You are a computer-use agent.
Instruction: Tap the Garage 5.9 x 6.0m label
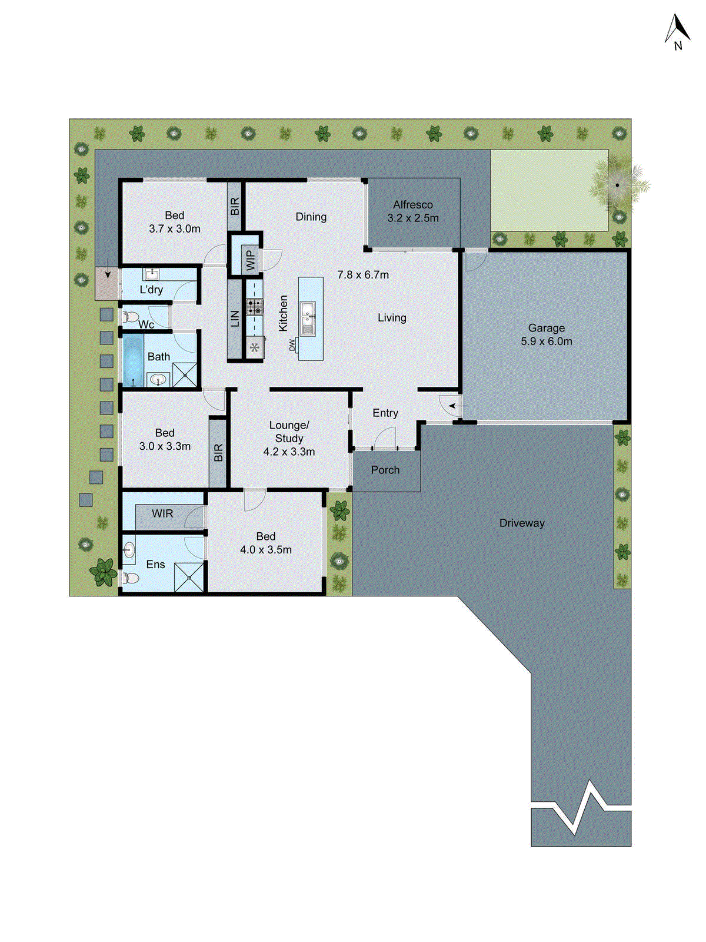(546, 334)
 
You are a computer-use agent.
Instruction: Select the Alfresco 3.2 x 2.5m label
(412, 211)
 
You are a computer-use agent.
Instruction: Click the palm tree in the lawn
(617, 185)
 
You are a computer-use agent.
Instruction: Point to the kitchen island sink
(308, 318)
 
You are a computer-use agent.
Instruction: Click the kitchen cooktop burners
(255, 306)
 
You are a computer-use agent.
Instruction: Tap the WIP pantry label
(250, 260)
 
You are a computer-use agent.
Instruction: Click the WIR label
(162, 513)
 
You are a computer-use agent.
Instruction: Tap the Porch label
(385, 470)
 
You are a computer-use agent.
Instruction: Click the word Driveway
(522, 523)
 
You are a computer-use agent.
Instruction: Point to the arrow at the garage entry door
(458, 406)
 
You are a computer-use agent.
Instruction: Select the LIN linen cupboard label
(235, 319)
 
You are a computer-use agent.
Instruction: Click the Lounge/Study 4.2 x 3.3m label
(289, 438)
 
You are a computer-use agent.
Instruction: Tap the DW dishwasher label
(292, 344)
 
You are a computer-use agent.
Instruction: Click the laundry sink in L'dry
(152, 274)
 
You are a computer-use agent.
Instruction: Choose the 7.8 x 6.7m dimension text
(363, 274)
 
